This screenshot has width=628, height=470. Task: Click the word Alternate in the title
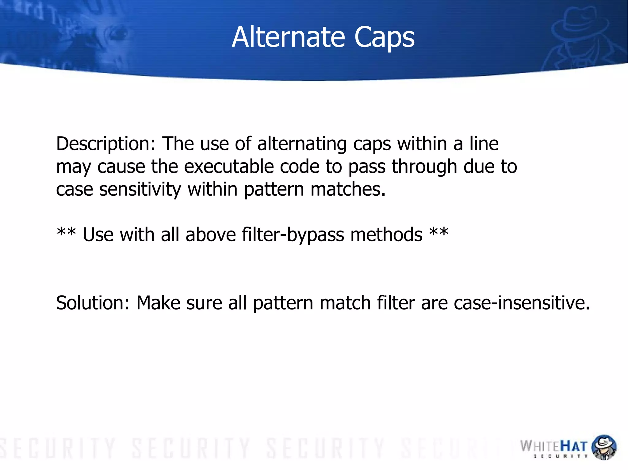click(288, 37)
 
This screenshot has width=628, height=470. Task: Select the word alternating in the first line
click(302, 144)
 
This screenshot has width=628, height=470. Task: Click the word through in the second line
click(424, 167)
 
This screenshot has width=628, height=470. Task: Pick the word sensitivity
click(140, 190)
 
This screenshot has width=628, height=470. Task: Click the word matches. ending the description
click(348, 190)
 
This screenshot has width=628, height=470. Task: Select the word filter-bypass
click(293, 235)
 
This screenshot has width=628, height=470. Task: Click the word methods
click(386, 235)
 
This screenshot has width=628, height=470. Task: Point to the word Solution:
click(93, 303)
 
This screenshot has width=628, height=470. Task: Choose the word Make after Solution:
click(158, 303)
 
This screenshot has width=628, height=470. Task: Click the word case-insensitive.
click(522, 303)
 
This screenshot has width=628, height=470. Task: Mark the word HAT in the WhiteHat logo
click(574, 446)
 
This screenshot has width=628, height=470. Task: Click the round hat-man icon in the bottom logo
click(603, 447)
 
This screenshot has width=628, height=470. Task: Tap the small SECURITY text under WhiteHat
click(561, 457)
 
